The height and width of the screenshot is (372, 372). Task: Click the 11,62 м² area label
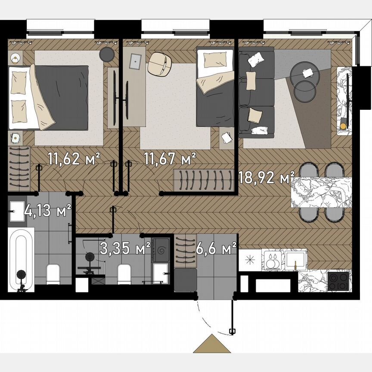(74, 159)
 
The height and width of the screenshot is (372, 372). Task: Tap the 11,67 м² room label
(170, 159)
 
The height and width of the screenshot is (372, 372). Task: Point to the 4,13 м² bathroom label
(47, 211)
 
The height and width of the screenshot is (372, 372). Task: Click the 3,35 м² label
(125, 249)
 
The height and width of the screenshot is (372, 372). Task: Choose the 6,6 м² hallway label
(216, 248)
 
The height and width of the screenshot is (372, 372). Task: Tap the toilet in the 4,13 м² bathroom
(53, 273)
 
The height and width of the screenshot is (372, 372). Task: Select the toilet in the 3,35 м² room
(124, 273)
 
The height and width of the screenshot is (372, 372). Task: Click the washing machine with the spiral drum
(163, 249)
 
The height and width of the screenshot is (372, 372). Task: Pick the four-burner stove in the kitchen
(338, 281)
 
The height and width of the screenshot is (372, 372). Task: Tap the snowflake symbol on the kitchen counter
(250, 260)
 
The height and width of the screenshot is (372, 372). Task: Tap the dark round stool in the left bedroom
(106, 54)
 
